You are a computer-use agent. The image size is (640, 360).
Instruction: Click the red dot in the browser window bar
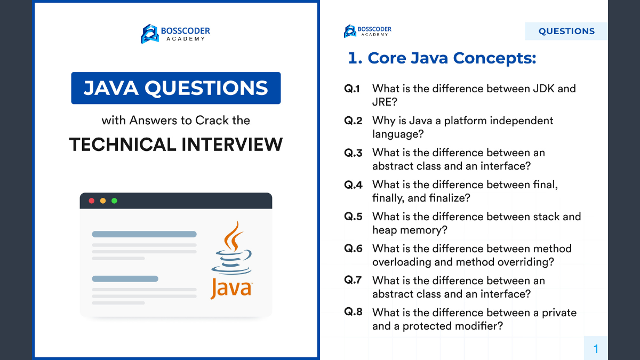coord(91,201)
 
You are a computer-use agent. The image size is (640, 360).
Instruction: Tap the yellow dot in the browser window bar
coord(103,201)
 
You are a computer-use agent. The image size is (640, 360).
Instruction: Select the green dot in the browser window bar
coord(114,201)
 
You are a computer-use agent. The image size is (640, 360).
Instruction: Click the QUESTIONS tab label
coord(566,31)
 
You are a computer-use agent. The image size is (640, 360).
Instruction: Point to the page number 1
coord(596,349)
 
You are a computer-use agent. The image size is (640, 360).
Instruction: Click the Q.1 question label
coord(352,89)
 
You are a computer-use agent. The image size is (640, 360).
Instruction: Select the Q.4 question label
coord(353,185)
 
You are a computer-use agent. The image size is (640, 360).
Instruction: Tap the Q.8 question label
coord(353,311)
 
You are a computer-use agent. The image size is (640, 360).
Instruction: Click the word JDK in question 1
coord(543,89)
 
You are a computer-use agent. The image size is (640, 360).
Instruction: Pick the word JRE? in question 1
coord(385,102)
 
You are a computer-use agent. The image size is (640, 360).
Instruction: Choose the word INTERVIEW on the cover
coord(232,145)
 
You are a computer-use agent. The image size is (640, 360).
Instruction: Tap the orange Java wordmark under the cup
coord(231,289)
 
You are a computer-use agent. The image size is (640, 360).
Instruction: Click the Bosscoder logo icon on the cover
coord(149,34)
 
